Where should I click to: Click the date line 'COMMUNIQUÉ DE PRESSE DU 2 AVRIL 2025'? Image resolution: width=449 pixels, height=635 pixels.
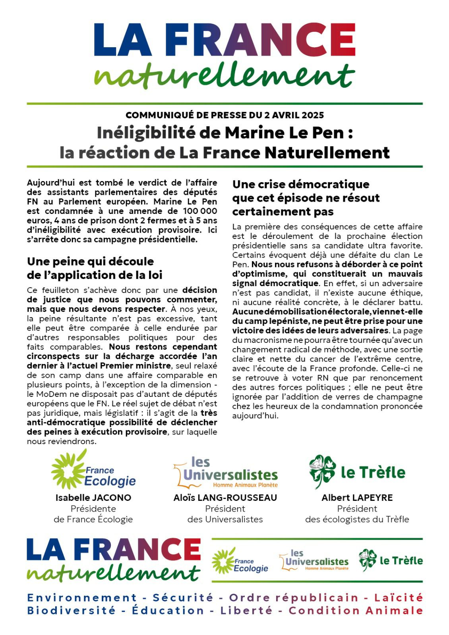[x=224, y=115]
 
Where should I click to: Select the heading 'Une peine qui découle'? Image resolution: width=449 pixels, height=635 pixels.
[x=90, y=262]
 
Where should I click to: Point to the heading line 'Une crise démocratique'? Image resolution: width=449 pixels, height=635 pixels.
[x=301, y=184]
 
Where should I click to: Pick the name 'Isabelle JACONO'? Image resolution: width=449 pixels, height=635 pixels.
[x=93, y=498]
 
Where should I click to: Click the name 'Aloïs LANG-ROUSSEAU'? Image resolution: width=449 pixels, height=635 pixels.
[x=225, y=498]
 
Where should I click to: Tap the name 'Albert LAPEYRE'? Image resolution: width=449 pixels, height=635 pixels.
[x=357, y=498]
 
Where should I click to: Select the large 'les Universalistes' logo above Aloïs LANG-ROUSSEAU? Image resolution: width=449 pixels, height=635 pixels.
[x=226, y=472]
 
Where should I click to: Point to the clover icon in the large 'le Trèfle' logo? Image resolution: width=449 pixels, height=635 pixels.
[x=323, y=471]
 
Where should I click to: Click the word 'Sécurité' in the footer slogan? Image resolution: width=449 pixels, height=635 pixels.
[x=183, y=598]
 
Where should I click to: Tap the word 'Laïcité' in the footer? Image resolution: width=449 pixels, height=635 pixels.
[x=399, y=598]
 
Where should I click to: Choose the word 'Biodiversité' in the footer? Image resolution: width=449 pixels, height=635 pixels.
[x=71, y=610]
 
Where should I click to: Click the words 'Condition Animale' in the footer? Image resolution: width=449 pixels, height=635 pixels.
[x=356, y=610]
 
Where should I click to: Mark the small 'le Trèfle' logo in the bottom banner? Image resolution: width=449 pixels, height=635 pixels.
[x=391, y=560]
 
